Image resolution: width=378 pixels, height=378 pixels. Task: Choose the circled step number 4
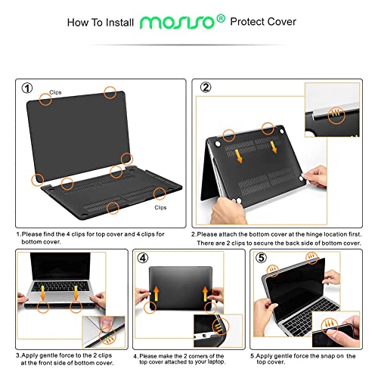pos(144,259)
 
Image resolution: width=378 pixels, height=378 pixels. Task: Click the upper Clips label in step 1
pos(56,93)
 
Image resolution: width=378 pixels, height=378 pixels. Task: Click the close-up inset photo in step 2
pos(333,110)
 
